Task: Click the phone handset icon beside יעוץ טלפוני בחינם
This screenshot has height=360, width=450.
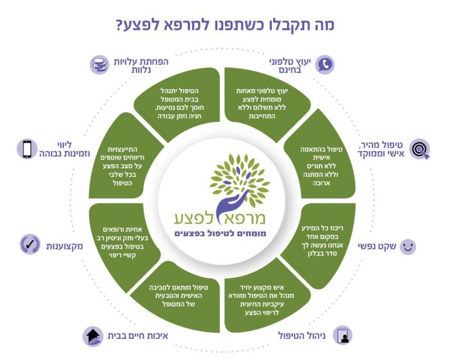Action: click(x=325, y=64)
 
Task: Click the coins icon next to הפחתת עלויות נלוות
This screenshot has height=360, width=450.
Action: click(x=99, y=64)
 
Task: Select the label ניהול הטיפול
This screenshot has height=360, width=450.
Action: click(x=305, y=336)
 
